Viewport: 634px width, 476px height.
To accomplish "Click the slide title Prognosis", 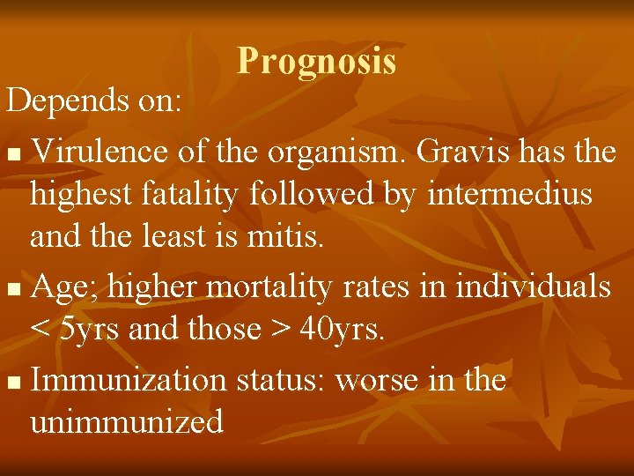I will click(316, 61).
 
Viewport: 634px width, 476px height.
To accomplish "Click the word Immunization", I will click(132, 380).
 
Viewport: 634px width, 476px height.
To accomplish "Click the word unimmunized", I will click(126, 421).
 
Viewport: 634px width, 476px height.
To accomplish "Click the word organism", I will click(328, 152).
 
